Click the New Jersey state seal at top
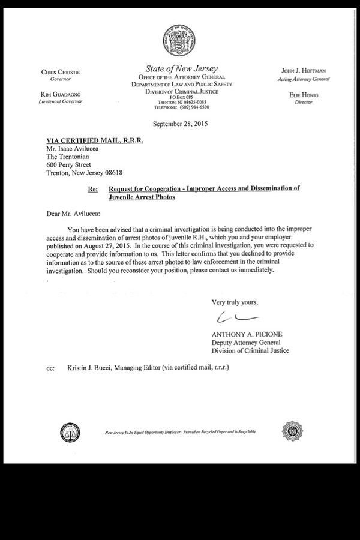tap(180, 40)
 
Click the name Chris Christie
tap(60, 72)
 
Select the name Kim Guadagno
tap(60, 94)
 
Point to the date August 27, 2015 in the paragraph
tap(108, 245)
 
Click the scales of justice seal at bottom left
tap(70, 431)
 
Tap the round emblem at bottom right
tap(292, 431)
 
